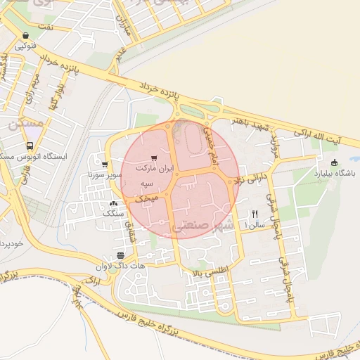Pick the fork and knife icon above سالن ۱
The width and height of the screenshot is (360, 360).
coord(255,214)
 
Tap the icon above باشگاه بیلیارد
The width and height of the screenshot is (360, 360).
coord(335,162)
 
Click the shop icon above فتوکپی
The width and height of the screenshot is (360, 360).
coord(26,35)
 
